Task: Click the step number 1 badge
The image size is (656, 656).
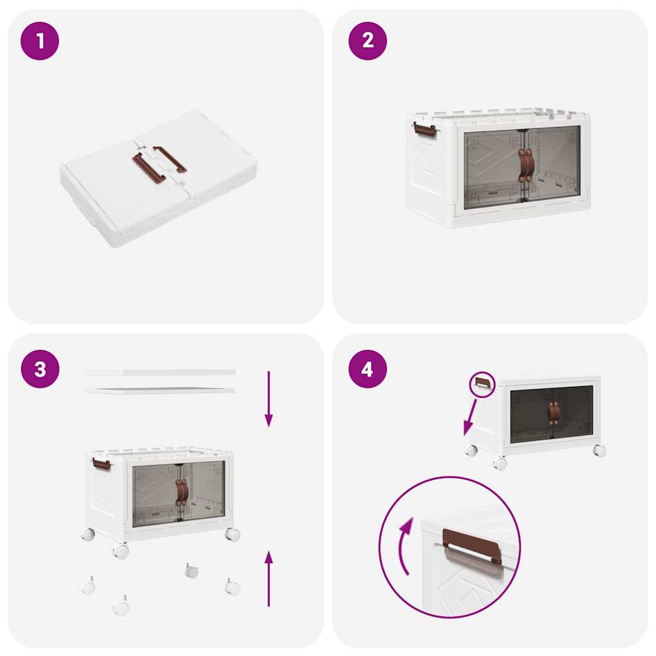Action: tap(40, 41)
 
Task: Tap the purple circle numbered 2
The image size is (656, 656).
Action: tap(368, 41)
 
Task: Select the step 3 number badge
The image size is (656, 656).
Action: tap(40, 369)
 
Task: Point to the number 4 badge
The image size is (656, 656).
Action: tap(368, 369)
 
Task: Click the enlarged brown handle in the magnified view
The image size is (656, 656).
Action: tap(472, 546)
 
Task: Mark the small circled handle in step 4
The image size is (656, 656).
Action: tap(482, 383)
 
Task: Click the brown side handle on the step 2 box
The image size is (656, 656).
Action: tap(425, 129)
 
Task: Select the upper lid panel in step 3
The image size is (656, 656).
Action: tap(160, 372)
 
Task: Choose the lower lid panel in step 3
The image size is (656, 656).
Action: tap(160, 389)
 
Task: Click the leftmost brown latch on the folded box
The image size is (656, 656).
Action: tap(148, 168)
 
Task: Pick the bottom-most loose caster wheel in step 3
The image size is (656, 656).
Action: tap(120, 606)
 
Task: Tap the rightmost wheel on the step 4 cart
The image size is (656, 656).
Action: tap(599, 450)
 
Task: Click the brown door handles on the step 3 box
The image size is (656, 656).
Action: tap(182, 492)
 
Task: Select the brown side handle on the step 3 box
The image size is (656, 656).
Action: tap(101, 463)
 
